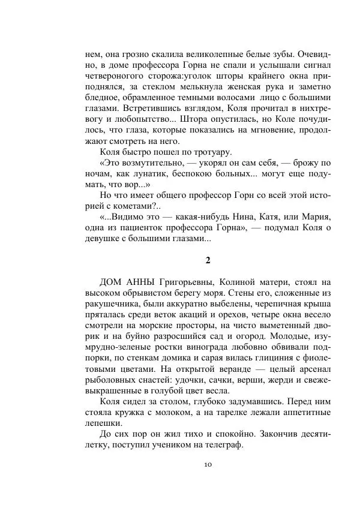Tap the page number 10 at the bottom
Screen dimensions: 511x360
207,464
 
